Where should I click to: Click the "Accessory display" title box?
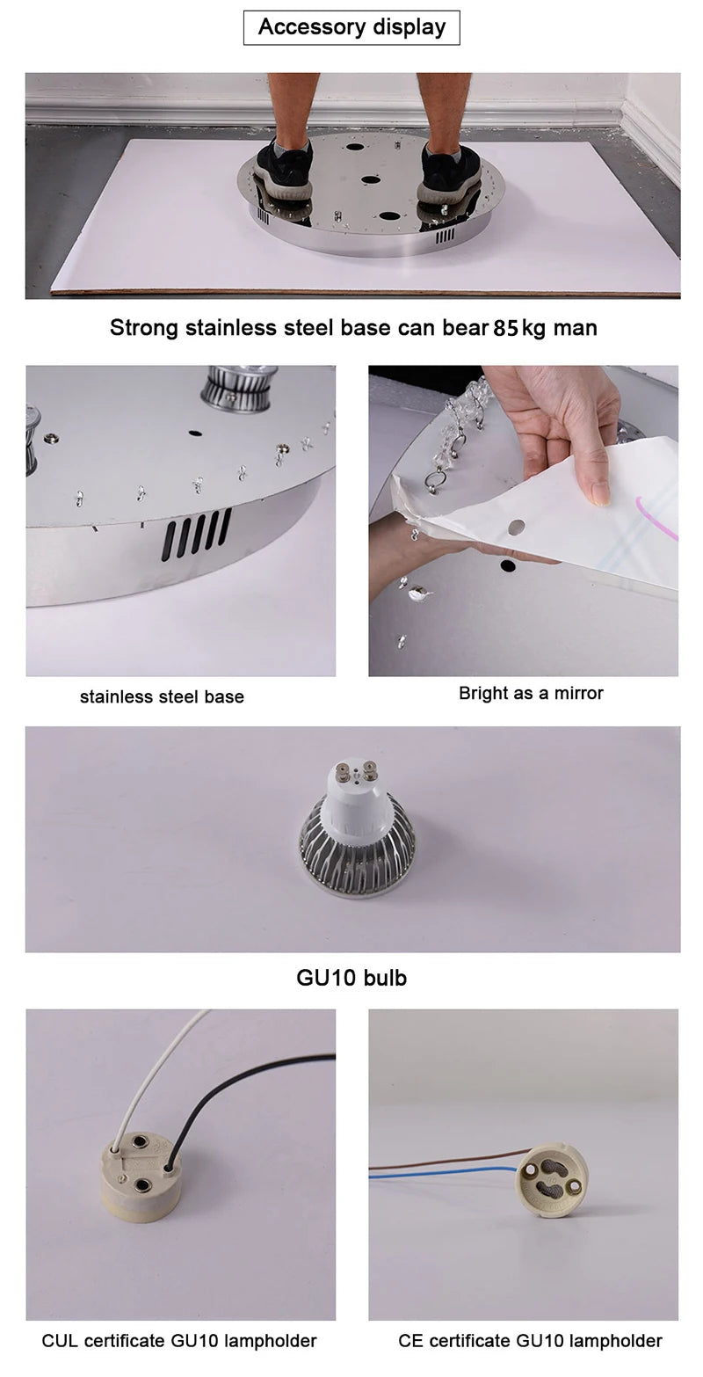[351, 27]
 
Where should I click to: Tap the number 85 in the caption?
[506, 328]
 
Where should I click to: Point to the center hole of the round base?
[371, 179]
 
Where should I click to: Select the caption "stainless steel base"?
[162, 696]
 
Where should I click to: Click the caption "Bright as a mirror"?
[531, 694]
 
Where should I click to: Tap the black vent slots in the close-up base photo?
[195, 535]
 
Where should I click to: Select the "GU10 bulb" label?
[351, 978]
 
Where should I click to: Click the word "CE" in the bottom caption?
[410, 1341]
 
